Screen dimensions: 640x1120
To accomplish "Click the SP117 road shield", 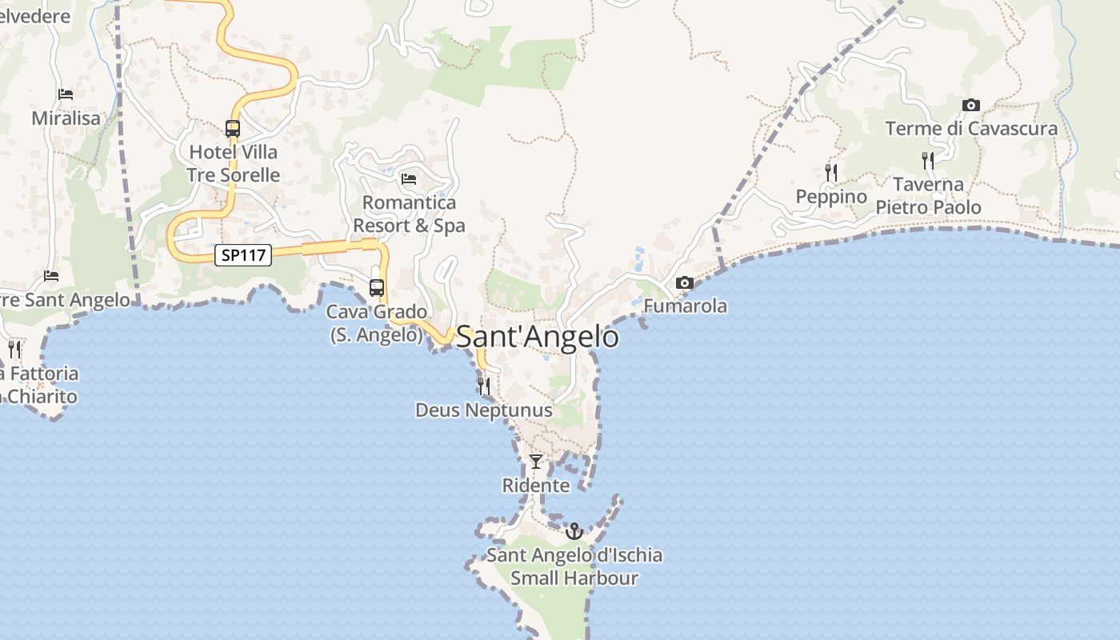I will pos(243,255).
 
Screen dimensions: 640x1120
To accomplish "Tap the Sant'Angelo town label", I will pos(538,337).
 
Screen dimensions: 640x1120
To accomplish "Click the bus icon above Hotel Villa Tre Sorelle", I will pos(233,128).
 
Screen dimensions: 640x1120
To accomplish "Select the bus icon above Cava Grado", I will pos(377,288).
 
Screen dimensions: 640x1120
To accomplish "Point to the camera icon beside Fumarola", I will pos(684,282).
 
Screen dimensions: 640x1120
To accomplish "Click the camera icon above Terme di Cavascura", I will pos(970,105).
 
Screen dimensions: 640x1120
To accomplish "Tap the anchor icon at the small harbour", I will pos(574,530).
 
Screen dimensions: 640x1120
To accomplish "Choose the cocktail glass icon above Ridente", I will pos(536,462).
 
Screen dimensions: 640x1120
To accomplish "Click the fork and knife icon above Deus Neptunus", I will pos(483,386).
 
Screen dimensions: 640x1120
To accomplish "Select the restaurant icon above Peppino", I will pos(831,172).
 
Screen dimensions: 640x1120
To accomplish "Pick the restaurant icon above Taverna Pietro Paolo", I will pos(928,160).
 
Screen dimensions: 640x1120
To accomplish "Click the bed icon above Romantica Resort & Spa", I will pos(409,178).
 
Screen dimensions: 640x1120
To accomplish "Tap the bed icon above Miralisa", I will pos(66,94).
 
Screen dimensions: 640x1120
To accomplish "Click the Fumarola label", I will pos(686,306).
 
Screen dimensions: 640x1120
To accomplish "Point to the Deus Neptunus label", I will pos(483,410).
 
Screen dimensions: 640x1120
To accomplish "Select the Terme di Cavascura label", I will pos(970,128).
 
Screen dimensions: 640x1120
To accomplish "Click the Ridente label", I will pos(536,486).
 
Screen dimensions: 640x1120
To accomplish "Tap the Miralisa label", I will pos(66,118).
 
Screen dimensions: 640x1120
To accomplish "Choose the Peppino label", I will pos(831,197).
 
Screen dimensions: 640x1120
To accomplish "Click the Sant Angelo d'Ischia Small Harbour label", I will pos(574,566).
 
